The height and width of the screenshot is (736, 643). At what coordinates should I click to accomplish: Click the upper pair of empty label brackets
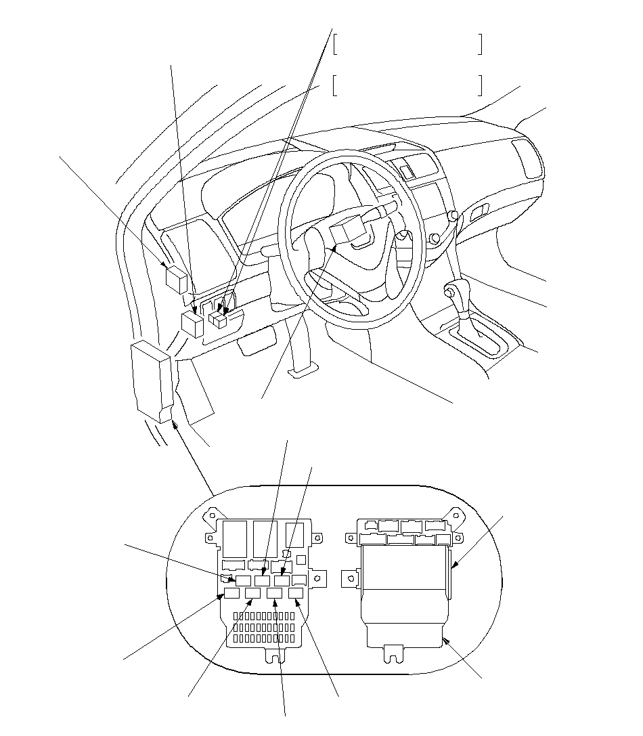click(x=407, y=44)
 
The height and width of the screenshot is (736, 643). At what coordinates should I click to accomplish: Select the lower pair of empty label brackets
click(x=407, y=85)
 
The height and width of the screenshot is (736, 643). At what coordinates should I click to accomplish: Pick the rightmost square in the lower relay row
click(x=296, y=594)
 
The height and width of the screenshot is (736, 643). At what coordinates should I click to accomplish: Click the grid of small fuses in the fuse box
click(x=265, y=628)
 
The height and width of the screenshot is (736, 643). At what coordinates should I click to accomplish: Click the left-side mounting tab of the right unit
click(x=350, y=577)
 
